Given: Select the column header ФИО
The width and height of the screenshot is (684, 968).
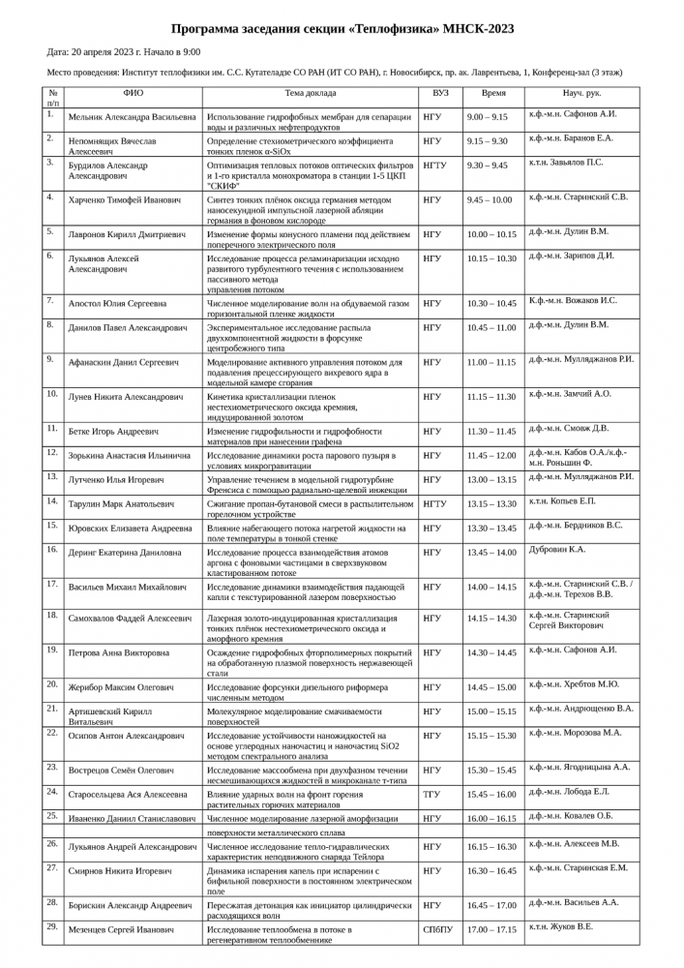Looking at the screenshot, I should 134,94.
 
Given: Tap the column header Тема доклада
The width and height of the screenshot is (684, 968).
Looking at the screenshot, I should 311,94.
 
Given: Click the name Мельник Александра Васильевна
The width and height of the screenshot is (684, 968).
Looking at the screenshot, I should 133,116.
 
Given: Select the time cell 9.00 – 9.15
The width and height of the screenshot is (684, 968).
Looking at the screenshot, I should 487,116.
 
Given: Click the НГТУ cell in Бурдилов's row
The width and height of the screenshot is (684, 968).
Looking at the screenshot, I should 435,166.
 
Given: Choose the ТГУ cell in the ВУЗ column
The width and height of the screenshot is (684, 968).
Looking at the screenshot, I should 431,795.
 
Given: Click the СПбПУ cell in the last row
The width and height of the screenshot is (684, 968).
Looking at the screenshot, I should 437,929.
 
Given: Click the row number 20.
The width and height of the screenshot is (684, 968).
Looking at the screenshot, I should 52,684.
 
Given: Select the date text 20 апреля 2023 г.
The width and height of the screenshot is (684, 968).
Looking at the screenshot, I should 114,51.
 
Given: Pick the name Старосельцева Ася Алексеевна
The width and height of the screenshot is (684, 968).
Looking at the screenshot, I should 128,795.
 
